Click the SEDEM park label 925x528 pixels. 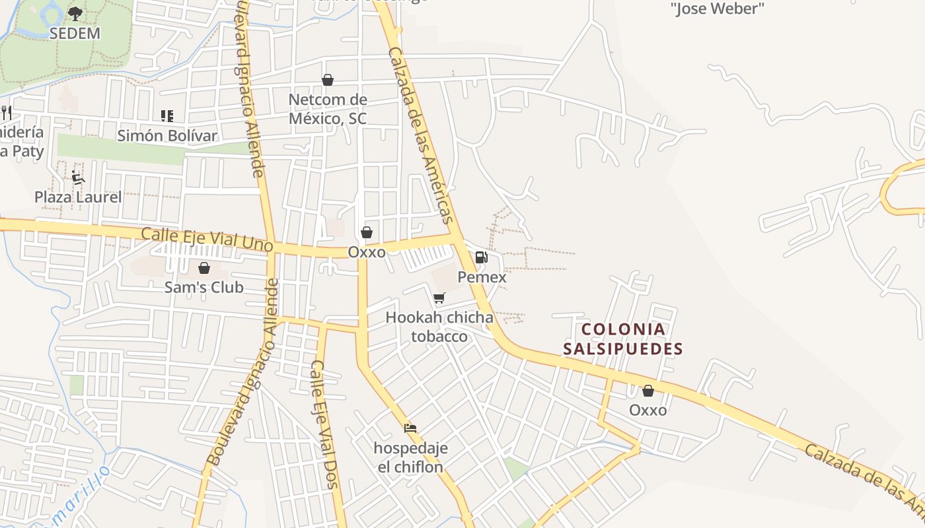[75, 33]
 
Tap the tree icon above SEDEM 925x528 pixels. [75, 13]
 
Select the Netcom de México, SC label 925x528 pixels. [328, 110]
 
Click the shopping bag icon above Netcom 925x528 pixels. [328, 80]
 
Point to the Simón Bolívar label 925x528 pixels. [167, 136]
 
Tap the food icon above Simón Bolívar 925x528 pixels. [167, 116]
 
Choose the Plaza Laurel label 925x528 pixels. [78, 197]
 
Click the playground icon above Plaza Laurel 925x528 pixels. [78, 177]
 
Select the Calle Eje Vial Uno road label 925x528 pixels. [207, 239]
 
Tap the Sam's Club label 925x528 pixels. [204, 287]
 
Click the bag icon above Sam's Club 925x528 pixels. [204, 268]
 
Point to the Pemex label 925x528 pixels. [482, 277]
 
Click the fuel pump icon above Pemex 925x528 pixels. [482, 257]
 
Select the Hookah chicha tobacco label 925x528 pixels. [439, 327]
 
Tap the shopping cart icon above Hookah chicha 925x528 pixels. [439, 298]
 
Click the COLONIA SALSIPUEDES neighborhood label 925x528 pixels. [623, 339]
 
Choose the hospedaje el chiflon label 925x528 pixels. [411, 457]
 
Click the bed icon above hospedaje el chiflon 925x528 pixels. [410, 428]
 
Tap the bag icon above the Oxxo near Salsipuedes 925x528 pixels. [648, 391]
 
